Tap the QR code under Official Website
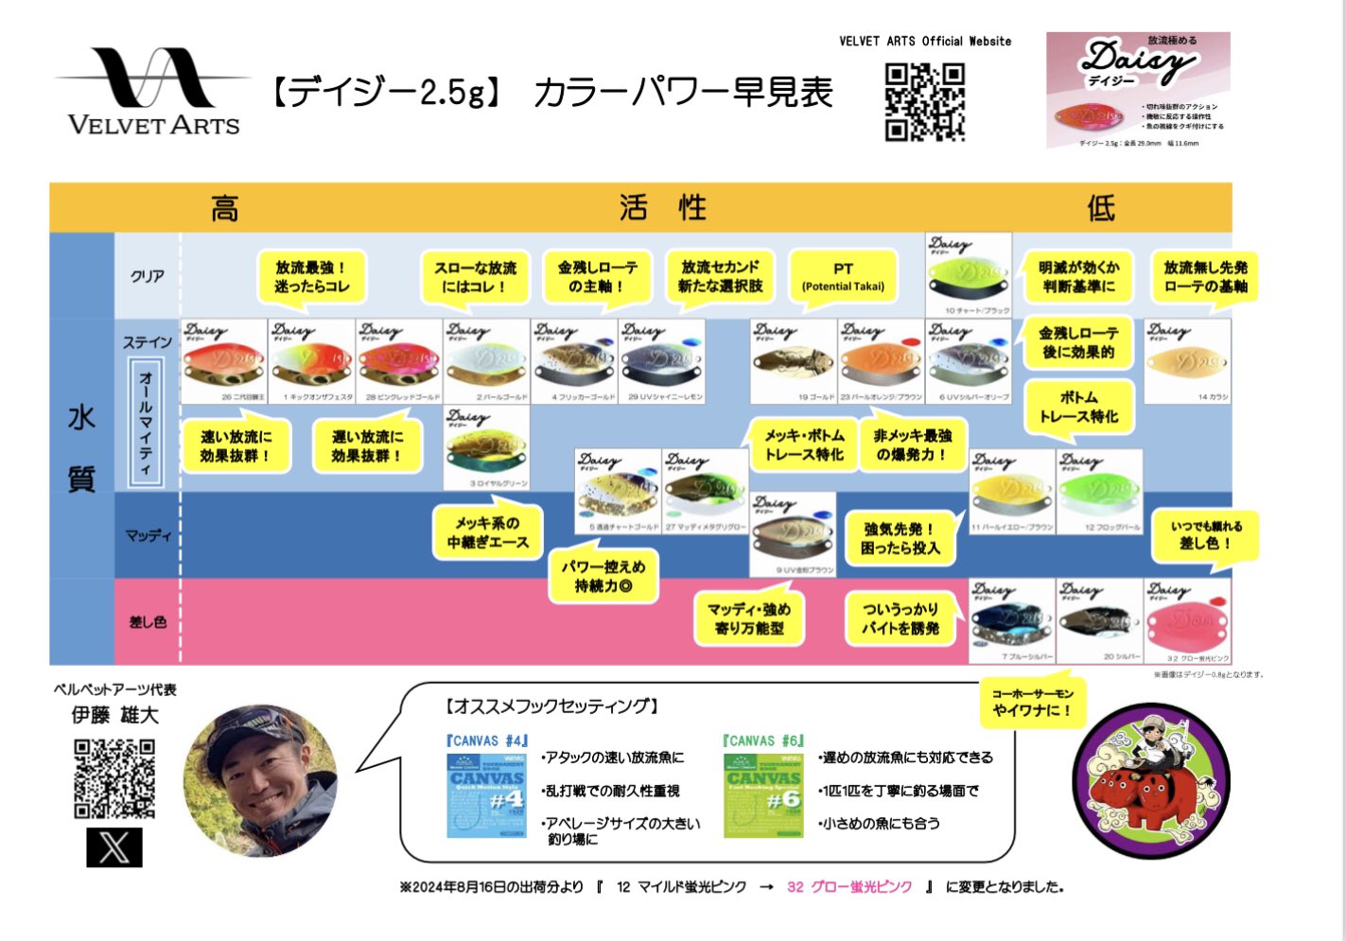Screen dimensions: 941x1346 pyautogui.click(x=924, y=102)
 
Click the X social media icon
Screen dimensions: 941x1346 pyautogui.click(x=114, y=846)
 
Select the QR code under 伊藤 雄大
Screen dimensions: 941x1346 pyautogui.click(x=114, y=779)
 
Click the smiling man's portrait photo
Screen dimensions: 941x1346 pyautogui.click(x=260, y=780)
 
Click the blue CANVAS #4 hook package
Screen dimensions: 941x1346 pyautogui.click(x=486, y=793)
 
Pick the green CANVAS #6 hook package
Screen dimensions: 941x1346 pyautogui.click(x=763, y=793)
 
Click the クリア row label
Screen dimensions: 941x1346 pyautogui.click(x=148, y=276)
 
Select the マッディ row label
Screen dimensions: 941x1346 pyautogui.click(x=149, y=535)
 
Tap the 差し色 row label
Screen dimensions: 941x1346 pyautogui.click(x=148, y=621)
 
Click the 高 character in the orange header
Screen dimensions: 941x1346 pyautogui.click(x=225, y=208)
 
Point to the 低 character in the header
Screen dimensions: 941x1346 pyautogui.click(x=1101, y=208)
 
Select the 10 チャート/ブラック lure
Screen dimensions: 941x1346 pyautogui.click(x=968, y=275)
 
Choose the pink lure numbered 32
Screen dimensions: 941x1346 pyautogui.click(x=1187, y=621)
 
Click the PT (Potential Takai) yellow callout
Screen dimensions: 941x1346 pyautogui.click(x=843, y=276)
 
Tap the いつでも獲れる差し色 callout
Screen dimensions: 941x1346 pyautogui.click(x=1206, y=535)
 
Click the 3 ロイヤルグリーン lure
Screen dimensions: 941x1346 pyautogui.click(x=486, y=449)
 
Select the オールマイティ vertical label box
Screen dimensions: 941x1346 pyautogui.click(x=146, y=423)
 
